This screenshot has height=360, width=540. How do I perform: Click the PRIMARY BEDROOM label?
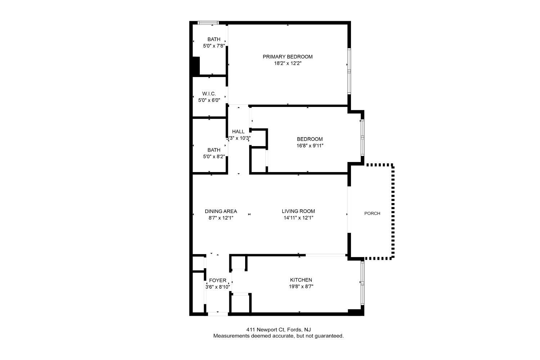(288, 57)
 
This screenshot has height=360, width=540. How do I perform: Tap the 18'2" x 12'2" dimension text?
(288, 63)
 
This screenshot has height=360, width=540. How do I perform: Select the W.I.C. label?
(209, 94)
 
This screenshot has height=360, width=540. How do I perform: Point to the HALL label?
(238, 131)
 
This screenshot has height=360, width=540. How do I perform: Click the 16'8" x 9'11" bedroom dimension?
(310, 146)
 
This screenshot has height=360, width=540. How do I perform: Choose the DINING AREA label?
(221, 211)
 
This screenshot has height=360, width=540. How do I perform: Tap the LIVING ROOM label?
(298, 211)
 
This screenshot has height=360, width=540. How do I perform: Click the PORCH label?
(372, 213)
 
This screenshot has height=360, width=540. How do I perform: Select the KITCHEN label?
(301, 280)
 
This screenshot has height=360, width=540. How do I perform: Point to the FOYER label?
(218, 280)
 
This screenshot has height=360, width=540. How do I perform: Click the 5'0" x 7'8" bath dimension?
(214, 46)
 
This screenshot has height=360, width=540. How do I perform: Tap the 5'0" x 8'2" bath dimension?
(214, 157)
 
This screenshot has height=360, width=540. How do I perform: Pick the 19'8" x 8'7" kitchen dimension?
(301, 287)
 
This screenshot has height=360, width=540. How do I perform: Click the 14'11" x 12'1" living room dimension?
(298, 218)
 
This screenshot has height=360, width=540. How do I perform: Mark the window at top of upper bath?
(208, 23)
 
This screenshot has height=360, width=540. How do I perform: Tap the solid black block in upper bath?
(196, 66)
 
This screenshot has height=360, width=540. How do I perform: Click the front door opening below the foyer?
(218, 314)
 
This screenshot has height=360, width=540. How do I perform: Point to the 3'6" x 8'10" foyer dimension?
(218, 287)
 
